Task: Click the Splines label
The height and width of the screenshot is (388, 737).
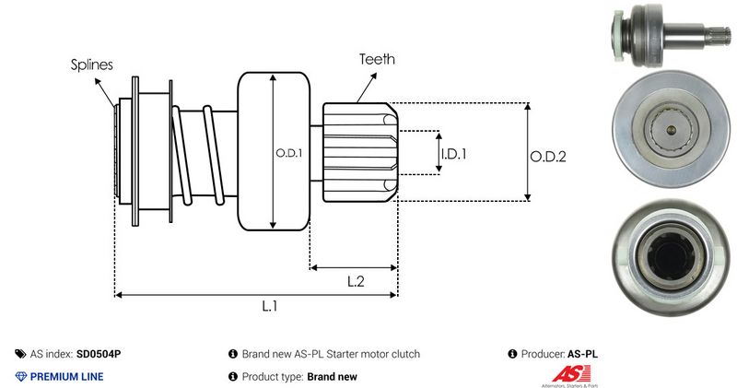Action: [x=92, y=65]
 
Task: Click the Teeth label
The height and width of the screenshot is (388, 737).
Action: [x=378, y=59]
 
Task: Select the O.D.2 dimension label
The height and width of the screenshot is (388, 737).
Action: [x=547, y=156]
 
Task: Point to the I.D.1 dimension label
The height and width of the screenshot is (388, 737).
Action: [x=453, y=153]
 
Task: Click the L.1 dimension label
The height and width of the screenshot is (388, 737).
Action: [x=269, y=307]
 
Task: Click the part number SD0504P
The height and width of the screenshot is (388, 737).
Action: [x=99, y=354]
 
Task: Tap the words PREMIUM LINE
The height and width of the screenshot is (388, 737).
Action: [x=67, y=376]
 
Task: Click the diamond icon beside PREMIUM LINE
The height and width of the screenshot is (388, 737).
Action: [x=21, y=376]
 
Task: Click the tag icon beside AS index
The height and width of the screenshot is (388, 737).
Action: [x=21, y=354]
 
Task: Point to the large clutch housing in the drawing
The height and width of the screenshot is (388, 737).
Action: [x=274, y=152]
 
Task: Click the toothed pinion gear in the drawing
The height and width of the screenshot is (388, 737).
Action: [x=359, y=151]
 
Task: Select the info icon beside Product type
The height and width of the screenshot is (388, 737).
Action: [x=232, y=376]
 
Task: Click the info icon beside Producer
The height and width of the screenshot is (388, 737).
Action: [x=512, y=354]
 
